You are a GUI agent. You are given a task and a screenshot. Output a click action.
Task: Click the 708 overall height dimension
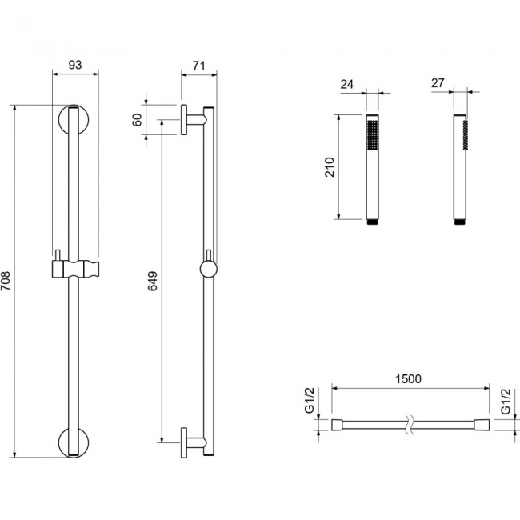click(x=6, y=281)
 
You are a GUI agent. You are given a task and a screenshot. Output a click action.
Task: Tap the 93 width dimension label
click(x=75, y=65)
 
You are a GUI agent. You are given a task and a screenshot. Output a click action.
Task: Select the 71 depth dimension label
click(x=198, y=66)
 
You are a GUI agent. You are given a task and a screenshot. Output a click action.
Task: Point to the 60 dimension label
click(x=137, y=120)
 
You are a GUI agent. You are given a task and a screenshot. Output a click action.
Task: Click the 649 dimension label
click(x=153, y=281)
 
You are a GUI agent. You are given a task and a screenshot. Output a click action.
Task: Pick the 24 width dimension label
click(x=347, y=84)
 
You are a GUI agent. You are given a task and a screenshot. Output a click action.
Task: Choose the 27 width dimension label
click(x=438, y=83)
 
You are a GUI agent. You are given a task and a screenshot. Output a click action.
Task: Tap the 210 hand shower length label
click(x=330, y=167)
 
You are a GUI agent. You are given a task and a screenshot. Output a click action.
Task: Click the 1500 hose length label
click(x=408, y=378)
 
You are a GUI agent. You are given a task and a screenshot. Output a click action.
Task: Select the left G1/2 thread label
click(x=309, y=401)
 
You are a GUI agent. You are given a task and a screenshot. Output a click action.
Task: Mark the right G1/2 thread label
click(x=506, y=402)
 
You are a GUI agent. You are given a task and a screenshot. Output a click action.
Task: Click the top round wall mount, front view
click(x=74, y=119)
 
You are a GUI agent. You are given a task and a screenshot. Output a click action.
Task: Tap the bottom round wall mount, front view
click(x=74, y=442)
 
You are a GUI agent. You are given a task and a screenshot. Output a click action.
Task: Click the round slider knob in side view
click(x=209, y=269)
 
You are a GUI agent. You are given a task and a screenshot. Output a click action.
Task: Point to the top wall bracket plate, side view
click(x=184, y=120)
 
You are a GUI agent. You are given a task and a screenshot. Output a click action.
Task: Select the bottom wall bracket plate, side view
click(x=184, y=442)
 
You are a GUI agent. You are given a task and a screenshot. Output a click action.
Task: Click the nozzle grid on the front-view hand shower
click(x=373, y=136)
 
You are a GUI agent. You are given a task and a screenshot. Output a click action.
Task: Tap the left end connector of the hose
click(x=338, y=425)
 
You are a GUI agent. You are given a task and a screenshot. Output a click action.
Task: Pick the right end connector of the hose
click(x=482, y=425)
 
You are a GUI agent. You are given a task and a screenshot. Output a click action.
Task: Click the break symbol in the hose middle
click(x=409, y=426)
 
